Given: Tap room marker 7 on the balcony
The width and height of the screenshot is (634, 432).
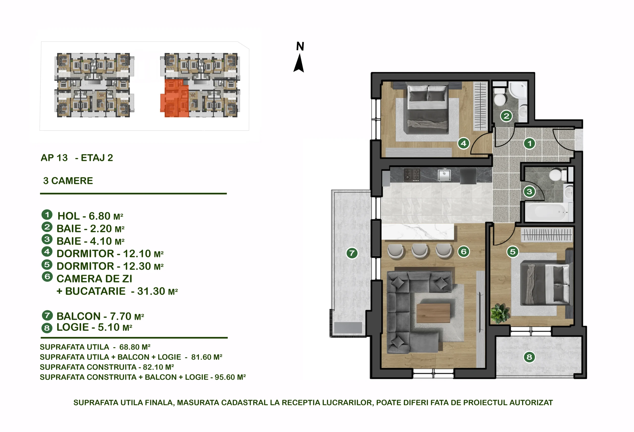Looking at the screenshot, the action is (x=352, y=253).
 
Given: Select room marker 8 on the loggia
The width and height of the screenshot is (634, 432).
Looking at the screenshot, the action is (x=529, y=357).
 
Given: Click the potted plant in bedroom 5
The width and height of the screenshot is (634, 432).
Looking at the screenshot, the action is (x=500, y=313).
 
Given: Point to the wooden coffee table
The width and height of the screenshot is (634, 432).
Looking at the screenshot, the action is (x=433, y=313).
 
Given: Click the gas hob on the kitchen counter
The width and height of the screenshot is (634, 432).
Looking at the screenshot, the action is (x=412, y=175).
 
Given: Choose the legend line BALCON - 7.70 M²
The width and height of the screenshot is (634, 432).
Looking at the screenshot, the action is (x=100, y=316).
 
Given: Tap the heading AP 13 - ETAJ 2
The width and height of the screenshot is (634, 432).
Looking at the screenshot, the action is (x=77, y=158).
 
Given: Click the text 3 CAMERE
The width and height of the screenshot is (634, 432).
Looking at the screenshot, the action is (x=68, y=181).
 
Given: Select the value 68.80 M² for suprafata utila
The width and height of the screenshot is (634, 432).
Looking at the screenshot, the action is (x=135, y=347).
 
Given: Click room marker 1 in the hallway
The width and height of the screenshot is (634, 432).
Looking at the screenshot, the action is (x=529, y=143).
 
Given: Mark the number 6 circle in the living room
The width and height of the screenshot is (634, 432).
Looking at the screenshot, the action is (x=464, y=251).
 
